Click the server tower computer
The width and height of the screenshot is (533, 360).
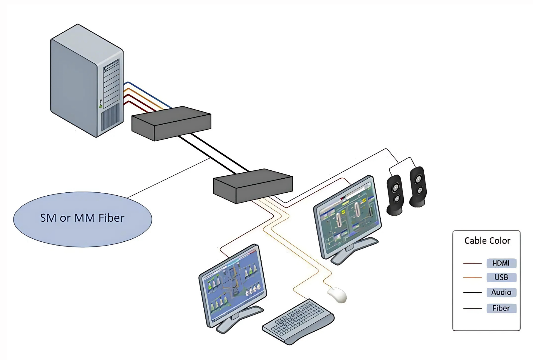(x=87, y=81)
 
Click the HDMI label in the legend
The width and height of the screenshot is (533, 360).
(x=501, y=263)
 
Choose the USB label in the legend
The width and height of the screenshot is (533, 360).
(x=501, y=278)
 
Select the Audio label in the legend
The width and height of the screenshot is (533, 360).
(x=501, y=292)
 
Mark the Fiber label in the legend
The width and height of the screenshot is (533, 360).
(x=501, y=308)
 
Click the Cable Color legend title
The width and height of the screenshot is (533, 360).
(x=487, y=241)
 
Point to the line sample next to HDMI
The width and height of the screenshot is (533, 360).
(x=472, y=264)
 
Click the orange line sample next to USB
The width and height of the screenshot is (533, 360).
(x=472, y=278)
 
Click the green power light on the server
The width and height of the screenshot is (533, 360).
(x=101, y=106)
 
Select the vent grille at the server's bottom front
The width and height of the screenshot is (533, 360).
(x=110, y=118)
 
